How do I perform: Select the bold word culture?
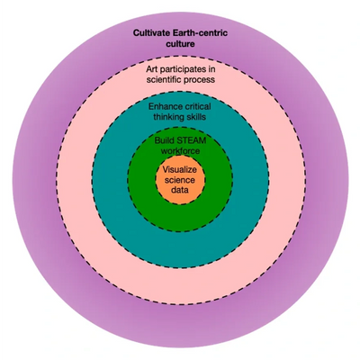pos(180,44)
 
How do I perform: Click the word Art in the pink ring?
pos(152,69)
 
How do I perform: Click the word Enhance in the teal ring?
pos(166,107)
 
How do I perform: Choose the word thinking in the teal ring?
pos(167,117)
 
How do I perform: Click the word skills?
pos(194,117)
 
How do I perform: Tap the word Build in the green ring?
pos(162,140)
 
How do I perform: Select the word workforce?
pos(180,150)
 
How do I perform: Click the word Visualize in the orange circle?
pos(180,170)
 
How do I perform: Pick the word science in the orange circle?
pos(180,180)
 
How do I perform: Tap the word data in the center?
pos(180,190)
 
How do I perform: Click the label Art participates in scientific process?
pos(181,75)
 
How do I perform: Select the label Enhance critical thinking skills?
pos(180,112)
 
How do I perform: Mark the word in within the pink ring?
pos(211,69)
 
